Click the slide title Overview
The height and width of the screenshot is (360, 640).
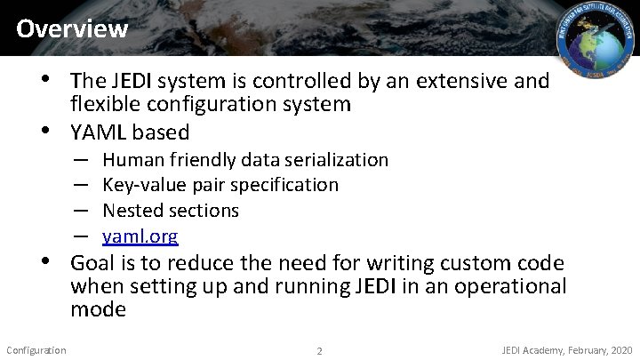72,28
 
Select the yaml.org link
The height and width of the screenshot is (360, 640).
140,236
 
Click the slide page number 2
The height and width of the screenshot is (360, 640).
320,350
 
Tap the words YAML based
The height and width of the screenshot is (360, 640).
130,132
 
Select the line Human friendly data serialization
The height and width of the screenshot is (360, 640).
245,160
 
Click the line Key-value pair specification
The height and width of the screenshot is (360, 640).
220,185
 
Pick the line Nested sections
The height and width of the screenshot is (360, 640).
171,211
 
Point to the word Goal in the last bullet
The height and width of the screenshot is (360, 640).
92,263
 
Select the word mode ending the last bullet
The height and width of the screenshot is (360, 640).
99,310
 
